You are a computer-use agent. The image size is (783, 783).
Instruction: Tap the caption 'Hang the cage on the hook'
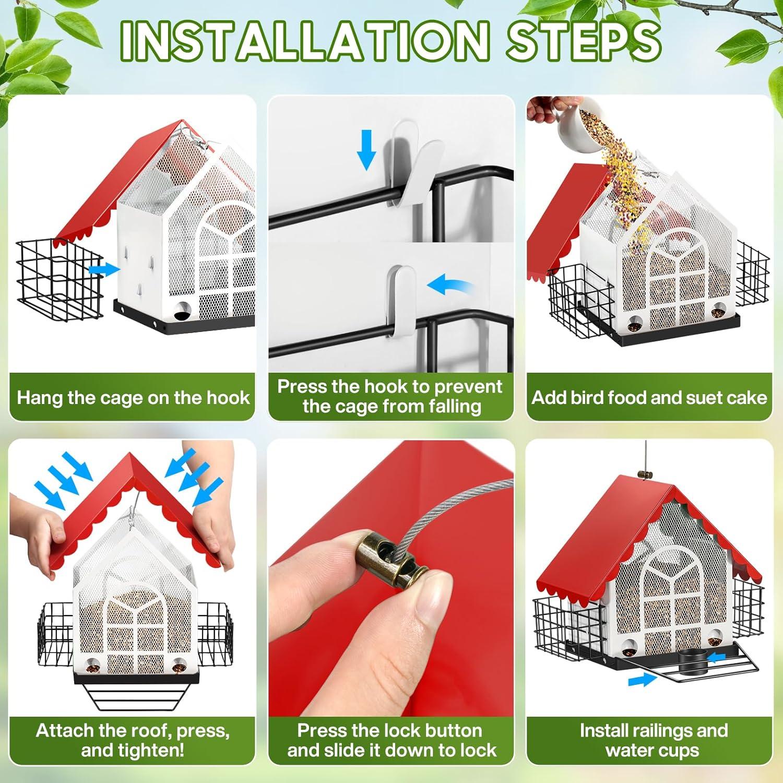click(x=133, y=398)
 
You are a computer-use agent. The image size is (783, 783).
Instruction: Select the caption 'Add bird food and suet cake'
click(x=649, y=398)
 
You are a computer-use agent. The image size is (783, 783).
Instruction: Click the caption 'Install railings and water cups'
click(x=654, y=740)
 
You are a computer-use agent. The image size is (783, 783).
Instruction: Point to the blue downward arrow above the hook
click(x=366, y=150)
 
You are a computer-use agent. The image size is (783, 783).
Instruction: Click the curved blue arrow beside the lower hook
click(x=450, y=286)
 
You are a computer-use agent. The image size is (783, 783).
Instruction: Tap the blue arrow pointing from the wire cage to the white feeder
click(x=104, y=269)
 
